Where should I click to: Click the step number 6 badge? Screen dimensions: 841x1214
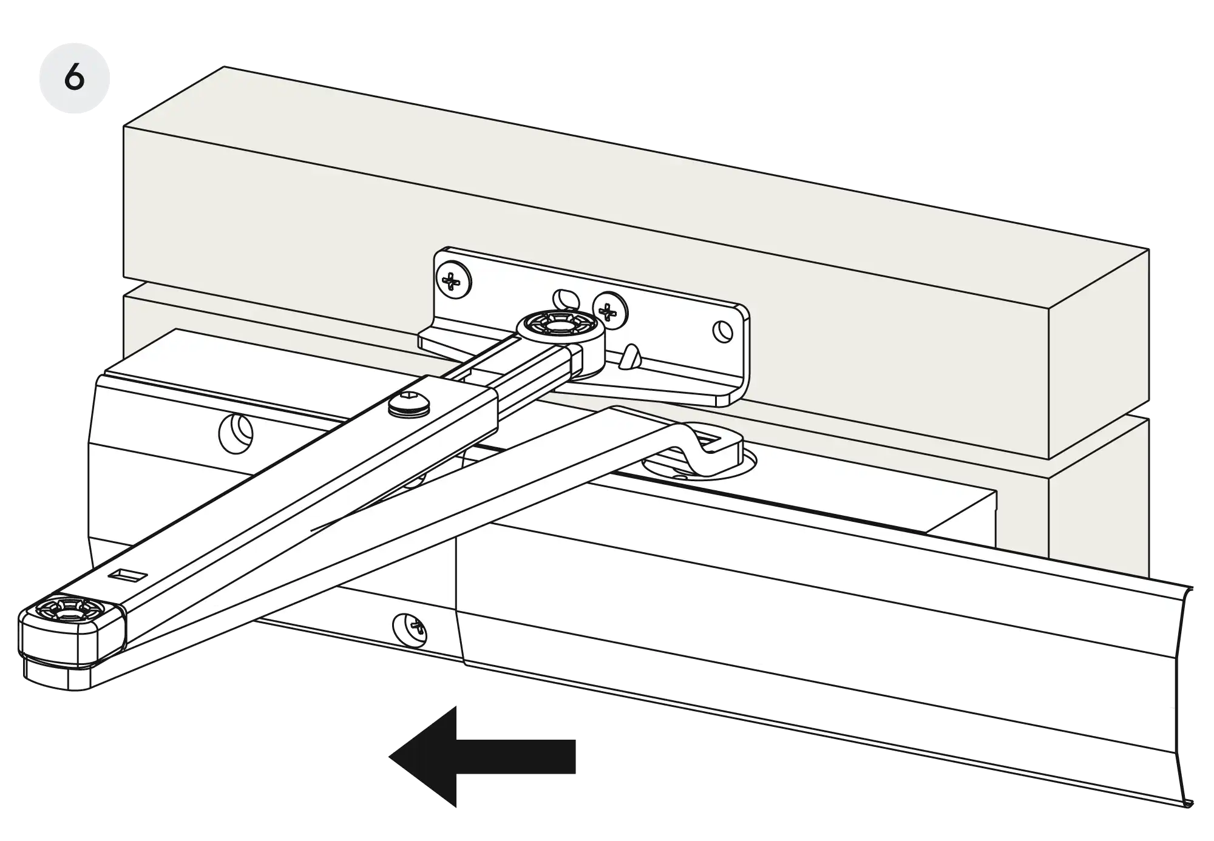74,79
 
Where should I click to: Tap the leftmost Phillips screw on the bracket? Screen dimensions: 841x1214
453,281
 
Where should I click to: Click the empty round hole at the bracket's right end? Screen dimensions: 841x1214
722,331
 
